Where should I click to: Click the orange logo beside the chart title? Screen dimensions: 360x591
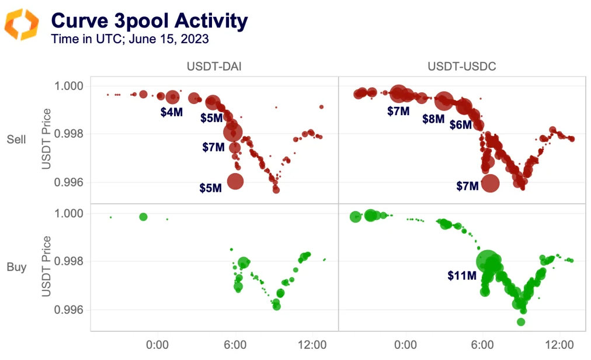[x=22, y=25]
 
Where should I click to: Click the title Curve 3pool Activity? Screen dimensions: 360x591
[x=150, y=21]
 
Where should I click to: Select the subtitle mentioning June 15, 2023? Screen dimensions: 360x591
[x=130, y=40]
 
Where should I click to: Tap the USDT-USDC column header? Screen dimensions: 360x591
[x=461, y=67]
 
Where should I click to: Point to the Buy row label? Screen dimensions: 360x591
[x=16, y=267]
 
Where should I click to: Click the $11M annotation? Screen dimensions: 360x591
[x=463, y=275]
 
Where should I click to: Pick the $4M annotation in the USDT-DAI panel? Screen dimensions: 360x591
[x=172, y=112]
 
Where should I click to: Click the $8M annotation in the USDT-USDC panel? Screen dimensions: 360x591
[x=433, y=119]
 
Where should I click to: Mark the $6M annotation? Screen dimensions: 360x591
[x=460, y=124]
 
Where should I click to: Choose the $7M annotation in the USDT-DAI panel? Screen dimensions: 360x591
[x=213, y=147]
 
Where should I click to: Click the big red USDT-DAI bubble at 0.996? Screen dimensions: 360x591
[x=235, y=181]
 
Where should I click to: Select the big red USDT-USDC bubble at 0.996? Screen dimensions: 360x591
[x=490, y=183]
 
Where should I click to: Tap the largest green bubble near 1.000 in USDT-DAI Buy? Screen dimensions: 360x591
[x=144, y=217]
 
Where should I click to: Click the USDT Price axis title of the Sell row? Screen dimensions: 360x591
[x=47, y=139]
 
